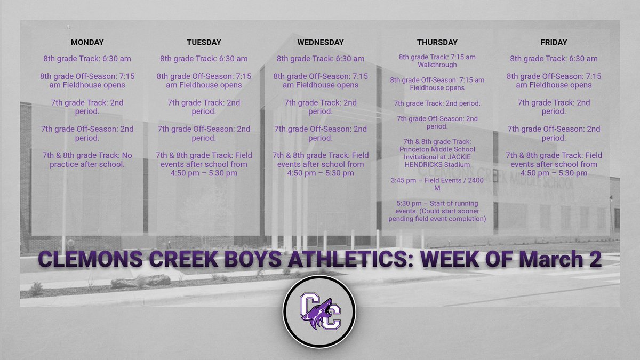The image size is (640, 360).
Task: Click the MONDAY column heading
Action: [87, 42]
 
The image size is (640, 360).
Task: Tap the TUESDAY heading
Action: [204, 42]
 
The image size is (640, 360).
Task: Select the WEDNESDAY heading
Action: [321, 42]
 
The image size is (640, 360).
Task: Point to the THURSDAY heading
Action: [437, 42]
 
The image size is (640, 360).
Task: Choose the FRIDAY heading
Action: [554, 42]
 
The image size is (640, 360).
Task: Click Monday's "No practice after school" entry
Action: [87, 159]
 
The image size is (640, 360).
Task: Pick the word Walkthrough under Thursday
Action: [437, 65]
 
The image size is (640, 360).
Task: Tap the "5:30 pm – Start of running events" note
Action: [437, 211]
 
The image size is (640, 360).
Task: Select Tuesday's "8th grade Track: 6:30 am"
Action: [204, 59]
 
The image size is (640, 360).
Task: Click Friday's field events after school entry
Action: [554, 164]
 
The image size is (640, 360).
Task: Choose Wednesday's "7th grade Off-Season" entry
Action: [321, 133]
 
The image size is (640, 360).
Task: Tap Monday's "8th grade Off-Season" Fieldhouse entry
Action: [87, 81]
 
